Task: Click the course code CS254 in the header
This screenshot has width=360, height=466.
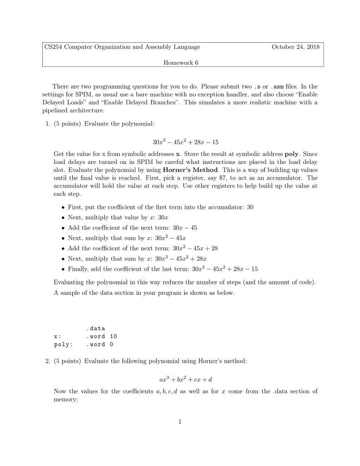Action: pyautogui.click(x=54, y=47)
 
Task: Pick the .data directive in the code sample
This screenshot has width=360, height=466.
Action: pyautogui.click(x=95, y=328)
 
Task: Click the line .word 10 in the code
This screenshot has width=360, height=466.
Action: pyautogui.click(x=101, y=336)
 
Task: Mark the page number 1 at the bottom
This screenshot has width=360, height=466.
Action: pyautogui.click(x=180, y=421)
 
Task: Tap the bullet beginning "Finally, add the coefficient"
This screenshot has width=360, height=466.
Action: pyautogui.click(x=162, y=269)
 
